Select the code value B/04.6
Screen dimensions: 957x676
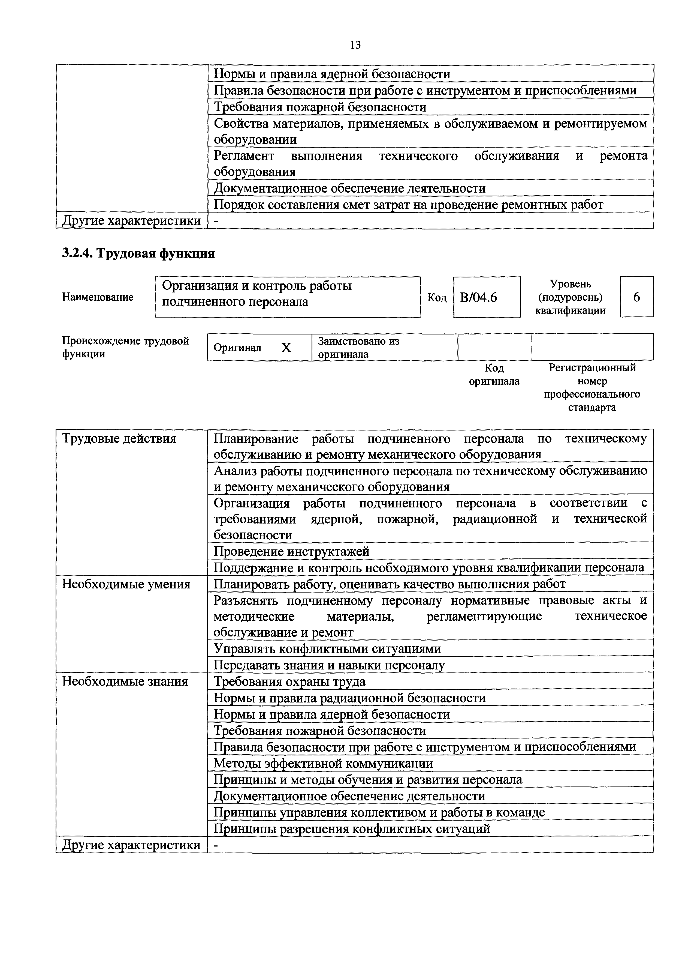click(479, 297)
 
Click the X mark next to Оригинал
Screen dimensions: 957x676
click(286, 348)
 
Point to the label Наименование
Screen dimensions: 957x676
click(98, 297)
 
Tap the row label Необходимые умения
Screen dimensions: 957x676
click(126, 584)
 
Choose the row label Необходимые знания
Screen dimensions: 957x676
click(125, 681)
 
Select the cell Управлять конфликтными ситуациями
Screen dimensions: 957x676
click(327, 649)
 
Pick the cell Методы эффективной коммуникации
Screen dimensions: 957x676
click(323, 764)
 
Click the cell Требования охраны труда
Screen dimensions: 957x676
click(289, 681)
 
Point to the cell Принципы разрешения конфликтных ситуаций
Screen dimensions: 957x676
click(352, 829)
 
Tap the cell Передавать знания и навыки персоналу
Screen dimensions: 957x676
click(329, 665)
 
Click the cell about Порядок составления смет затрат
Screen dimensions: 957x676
click(408, 205)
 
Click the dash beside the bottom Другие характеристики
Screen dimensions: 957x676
click(216, 845)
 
